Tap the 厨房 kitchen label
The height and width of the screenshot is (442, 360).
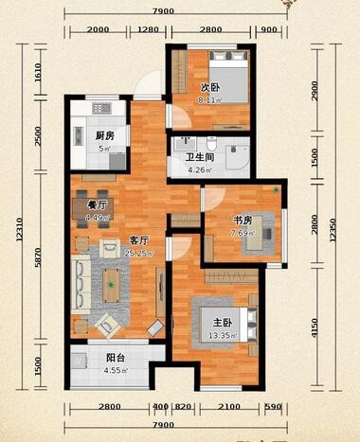tap(104, 135)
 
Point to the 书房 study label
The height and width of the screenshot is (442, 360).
tap(242, 221)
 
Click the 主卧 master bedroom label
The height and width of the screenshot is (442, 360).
tap(210, 322)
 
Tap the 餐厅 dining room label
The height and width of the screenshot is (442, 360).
tap(82, 203)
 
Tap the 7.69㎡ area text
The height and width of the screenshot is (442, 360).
tap(243, 233)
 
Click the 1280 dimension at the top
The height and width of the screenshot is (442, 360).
tap(148, 30)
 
